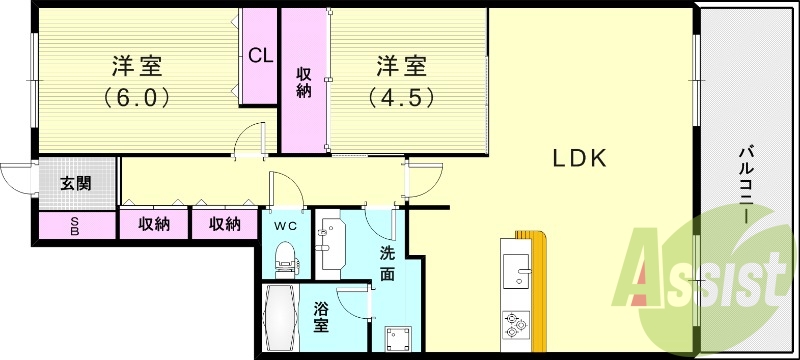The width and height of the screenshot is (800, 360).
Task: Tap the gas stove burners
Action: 516,323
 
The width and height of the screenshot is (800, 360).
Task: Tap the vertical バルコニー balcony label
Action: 745,184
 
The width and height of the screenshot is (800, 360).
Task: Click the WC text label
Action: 286,224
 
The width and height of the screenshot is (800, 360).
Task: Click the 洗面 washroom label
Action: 387,263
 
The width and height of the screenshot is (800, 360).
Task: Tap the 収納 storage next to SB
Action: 154,224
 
